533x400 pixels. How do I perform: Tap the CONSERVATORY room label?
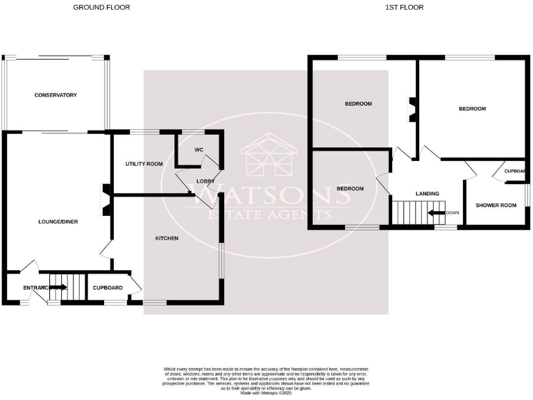point(56,95)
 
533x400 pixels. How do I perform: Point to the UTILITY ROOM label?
point(144,164)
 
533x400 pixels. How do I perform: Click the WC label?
point(198,149)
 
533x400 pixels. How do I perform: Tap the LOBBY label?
point(205,181)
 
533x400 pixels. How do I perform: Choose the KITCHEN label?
point(167,238)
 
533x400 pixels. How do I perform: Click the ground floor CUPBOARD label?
point(108,287)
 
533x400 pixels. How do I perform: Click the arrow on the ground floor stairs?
point(58,287)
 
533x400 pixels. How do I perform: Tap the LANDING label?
point(427,193)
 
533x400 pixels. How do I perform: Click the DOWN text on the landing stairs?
point(451,213)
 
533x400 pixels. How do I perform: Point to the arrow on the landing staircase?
point(437,213)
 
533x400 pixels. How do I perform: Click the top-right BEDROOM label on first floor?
point(472,109)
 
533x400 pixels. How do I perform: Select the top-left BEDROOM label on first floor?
point(359,103)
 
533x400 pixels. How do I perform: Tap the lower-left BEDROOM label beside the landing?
point(350,188)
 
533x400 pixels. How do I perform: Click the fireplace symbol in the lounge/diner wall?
point(103,195)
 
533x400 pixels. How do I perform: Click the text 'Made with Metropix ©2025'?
point(266,393)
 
